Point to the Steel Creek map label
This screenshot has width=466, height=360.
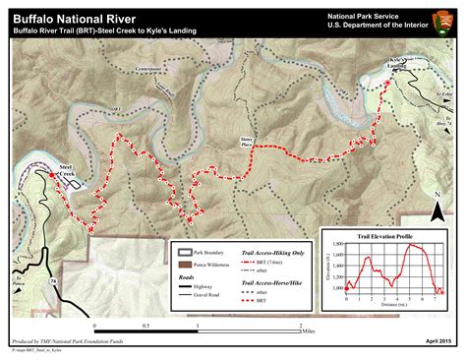[67, 172]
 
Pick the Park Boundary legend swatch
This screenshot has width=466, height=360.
[182, 252]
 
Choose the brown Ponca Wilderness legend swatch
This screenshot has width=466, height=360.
[182, 266]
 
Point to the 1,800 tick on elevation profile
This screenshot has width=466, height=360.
[338, 243]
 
